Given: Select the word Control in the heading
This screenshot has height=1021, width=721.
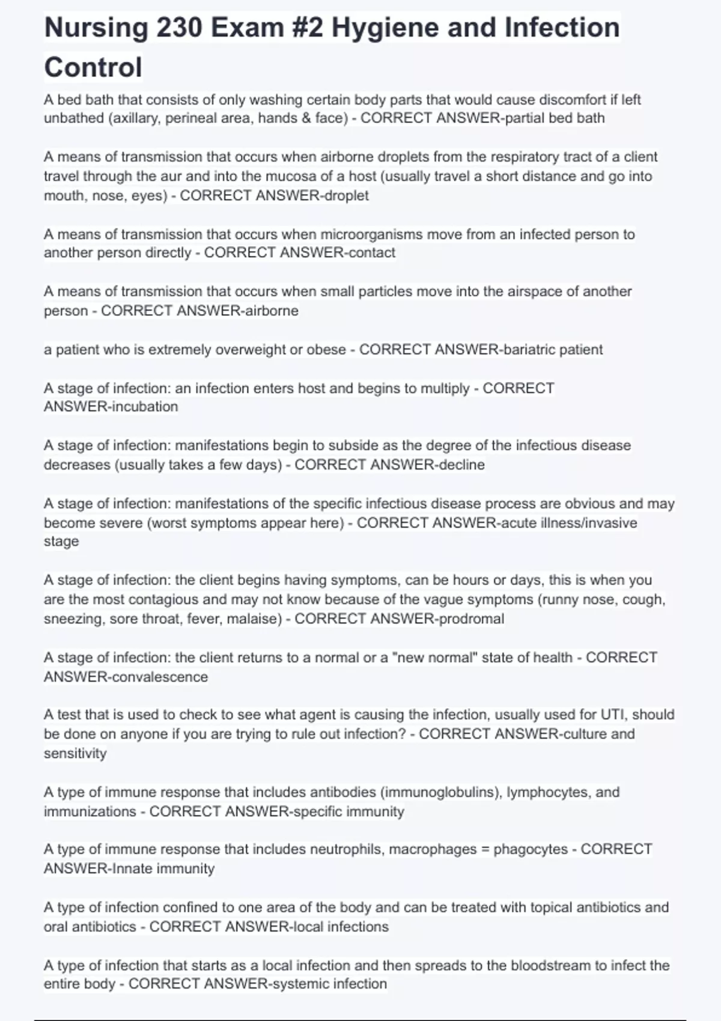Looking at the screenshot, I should pos(93,67).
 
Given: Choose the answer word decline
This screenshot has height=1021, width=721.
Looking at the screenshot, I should pos(461,465).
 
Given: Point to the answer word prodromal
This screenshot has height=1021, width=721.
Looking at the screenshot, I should pos(471,619).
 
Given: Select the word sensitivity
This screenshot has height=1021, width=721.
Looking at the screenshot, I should pos(75,753).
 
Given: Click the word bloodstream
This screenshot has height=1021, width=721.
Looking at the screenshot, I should pos(550,966).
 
